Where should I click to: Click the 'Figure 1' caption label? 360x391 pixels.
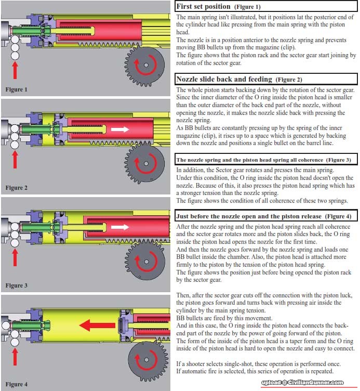[x=17, y=89]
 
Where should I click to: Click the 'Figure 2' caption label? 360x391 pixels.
[x=17, y=188]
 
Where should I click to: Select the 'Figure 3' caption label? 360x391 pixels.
[x=17, y=285]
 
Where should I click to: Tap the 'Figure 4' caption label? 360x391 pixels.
[x=17, y=384]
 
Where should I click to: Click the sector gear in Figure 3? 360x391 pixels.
[x=146, y=256]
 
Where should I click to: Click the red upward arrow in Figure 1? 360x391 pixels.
[x=15, y=70]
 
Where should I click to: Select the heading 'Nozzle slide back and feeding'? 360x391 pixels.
[x=224, y=79]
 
